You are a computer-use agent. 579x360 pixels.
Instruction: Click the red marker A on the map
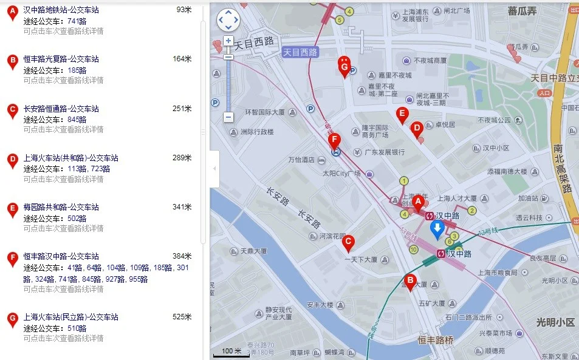coord(417,203)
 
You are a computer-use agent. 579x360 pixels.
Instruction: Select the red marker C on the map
coord(348,243)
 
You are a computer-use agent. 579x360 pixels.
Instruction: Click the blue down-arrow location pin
coord(437,229)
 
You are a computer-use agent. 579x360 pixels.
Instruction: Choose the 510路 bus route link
coord(77,328)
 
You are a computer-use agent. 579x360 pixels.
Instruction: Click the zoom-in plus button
coord(228,41)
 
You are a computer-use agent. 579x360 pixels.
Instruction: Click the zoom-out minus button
coord(228,117)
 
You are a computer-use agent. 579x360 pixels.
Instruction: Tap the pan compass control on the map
coord(228,20)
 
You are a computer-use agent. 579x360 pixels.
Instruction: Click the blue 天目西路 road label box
coord(301,52)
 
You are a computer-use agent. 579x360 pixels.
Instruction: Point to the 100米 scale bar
coord(231,352)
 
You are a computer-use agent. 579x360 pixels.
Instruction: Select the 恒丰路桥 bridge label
coord(436,340)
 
